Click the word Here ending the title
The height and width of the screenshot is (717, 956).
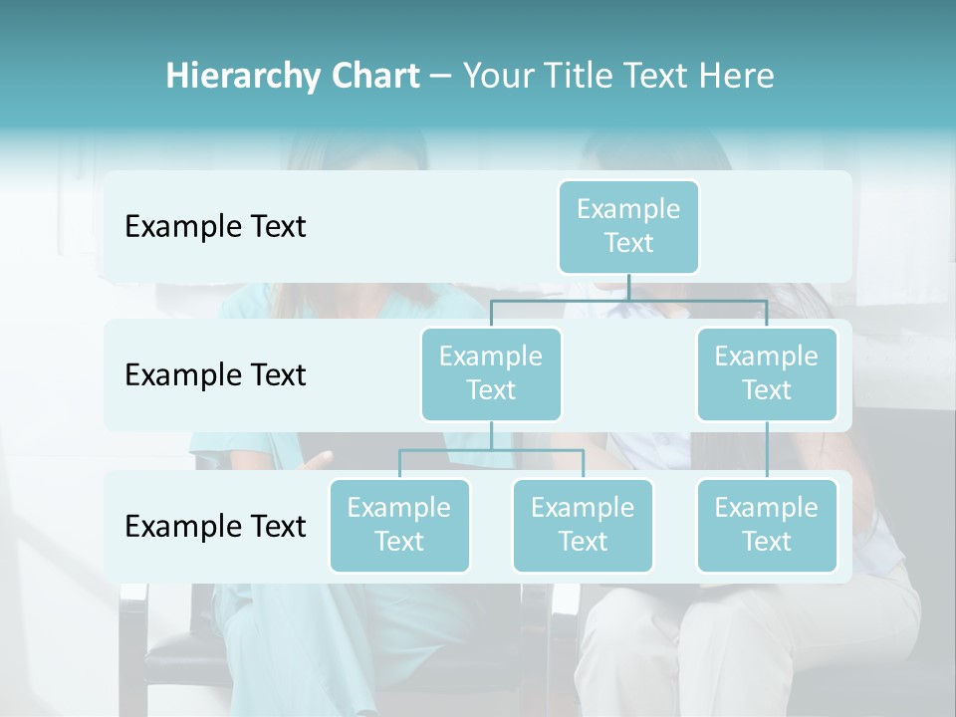(736, 76)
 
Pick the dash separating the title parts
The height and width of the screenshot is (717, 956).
(441, 76)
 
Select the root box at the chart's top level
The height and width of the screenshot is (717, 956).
(628, 227)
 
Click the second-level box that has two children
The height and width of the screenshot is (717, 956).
(491, 373)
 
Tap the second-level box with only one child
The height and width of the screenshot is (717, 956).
(767, 373)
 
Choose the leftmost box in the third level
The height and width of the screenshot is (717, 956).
(399, 525)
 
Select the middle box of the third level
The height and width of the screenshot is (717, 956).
(583, 525)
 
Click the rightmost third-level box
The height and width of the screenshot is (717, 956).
(767, 525)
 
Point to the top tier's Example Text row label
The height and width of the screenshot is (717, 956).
(215, 227)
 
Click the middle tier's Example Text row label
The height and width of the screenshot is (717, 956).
(215, 375)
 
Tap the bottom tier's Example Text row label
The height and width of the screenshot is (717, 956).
(215, 526)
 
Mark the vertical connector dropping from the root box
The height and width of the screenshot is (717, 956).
(628, 287)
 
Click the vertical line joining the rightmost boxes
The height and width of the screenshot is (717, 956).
(767, 450)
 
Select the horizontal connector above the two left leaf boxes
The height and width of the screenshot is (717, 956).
(491, 450)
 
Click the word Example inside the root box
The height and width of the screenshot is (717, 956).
(628, 209)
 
